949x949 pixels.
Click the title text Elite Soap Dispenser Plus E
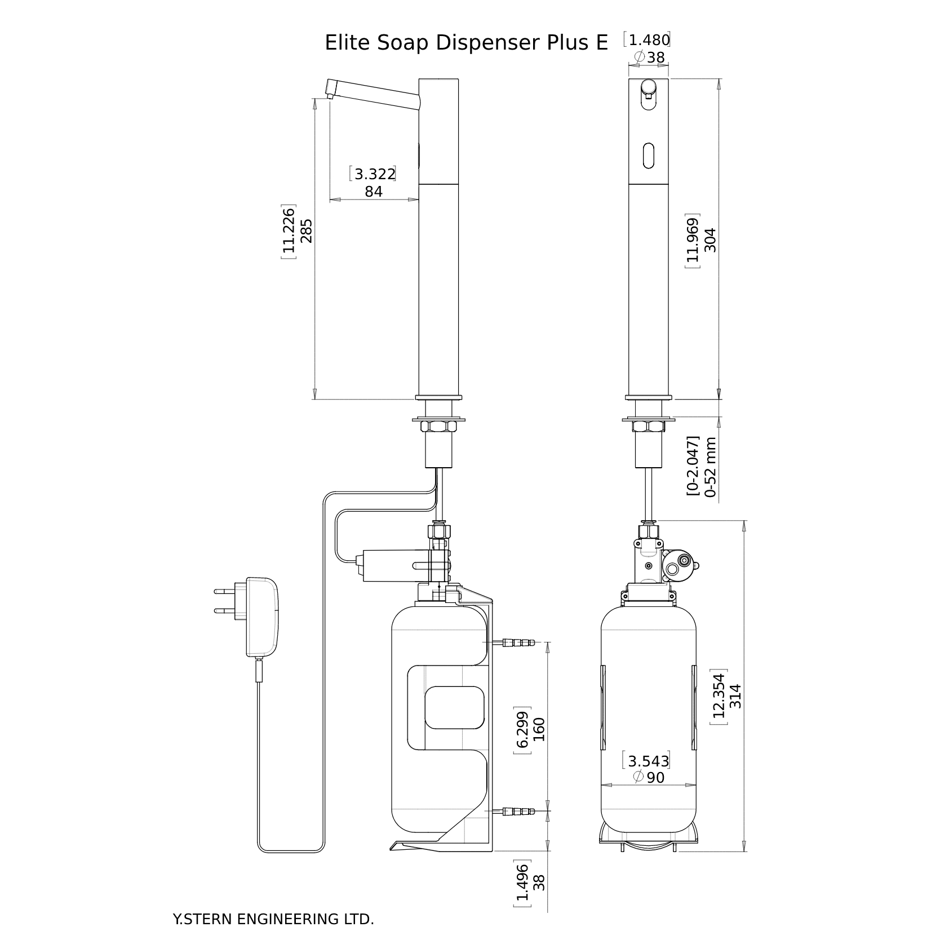[466, 43]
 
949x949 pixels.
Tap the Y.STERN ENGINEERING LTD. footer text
[273, 919]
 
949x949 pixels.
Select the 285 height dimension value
[306, 230]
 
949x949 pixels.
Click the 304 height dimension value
[710, 240]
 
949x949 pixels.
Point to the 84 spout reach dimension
[374, 192]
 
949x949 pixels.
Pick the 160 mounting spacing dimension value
[539, 729]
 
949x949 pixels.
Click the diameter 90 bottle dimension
[649, 778]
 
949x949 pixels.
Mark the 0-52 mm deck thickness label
[710, 467]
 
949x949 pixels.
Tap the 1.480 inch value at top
[649, 41]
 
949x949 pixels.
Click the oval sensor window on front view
[649, 155]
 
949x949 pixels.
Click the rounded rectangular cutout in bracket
[454, 707]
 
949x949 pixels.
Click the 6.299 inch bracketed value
[522, 730]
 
